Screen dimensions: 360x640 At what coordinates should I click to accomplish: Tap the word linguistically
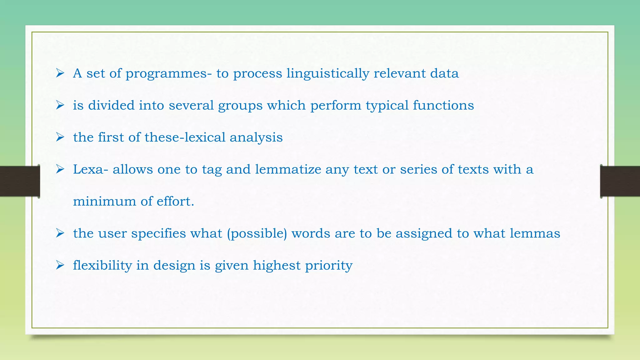pyautogui.click(x=328, y=74)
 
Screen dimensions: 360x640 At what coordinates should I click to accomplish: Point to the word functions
pyautogui.click(x=443, y=105)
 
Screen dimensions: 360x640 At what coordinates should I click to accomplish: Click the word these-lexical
pyautogui.click(x=185, y=137)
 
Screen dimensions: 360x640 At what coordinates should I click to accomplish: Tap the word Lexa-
pyautogui.click(x=91, y=169)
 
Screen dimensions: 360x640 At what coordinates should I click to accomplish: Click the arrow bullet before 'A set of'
pyautogui.click(x=60, y=73)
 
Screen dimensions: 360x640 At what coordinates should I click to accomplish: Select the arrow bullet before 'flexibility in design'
pyautogui.click(x=60, y=265)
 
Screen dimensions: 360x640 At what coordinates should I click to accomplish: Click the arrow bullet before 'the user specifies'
pyautogui.click(x=60, y=233)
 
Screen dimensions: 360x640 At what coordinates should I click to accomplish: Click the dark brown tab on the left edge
pyautogui.click(x=19, y=181)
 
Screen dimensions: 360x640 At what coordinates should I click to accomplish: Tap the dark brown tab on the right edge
pyautogui.click(x=620, y=181)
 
